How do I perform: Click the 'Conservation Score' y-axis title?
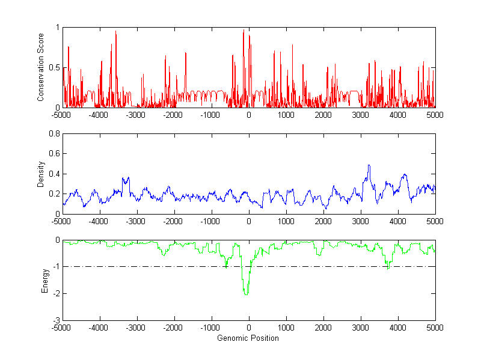pos(41,67)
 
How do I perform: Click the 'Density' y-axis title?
pos(41,174)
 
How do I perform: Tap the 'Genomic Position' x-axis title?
pos(248,338)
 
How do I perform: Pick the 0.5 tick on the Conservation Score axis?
pos(54,67)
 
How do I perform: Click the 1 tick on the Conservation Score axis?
pos(57,28)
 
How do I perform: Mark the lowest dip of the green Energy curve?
pos(246,294)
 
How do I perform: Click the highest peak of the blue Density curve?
pos(369,165)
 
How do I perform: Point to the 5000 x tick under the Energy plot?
pos(435,328)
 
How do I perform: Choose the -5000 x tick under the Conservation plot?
pos(63,115)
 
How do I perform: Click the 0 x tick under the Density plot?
pos(249,221)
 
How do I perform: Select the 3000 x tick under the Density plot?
pos(361,221)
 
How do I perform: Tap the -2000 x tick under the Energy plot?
pos(174,328)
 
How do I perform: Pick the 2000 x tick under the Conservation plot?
pos(323,115)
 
